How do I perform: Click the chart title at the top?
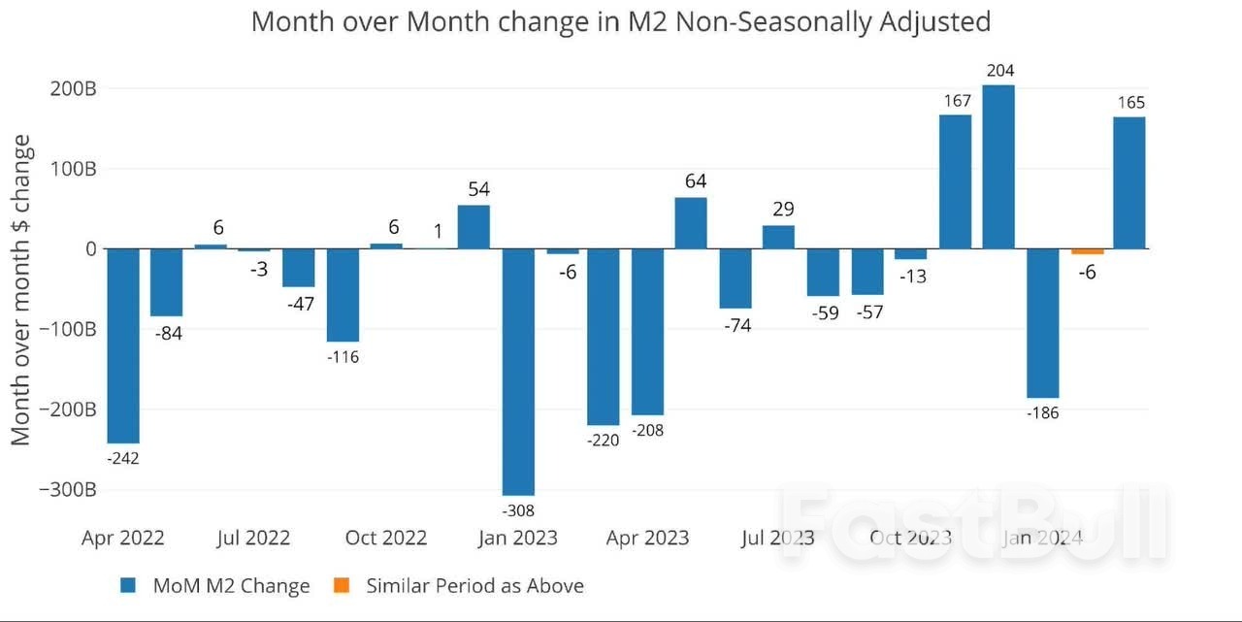tap(621, 21)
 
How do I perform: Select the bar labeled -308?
tap(518, 372)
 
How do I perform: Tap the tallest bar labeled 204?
tap(998, 167)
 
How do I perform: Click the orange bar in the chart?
tap(1087, 251)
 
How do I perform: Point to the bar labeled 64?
tap(691, 223)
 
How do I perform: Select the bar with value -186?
tap(1043, 323)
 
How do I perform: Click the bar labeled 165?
tap(1128, 182)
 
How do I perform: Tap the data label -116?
tap(343, 357)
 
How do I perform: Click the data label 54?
tap(474, 188)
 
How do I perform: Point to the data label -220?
tap(603, 441)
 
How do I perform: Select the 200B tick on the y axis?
tap(73, 88)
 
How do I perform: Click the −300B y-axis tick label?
tap(67, 489)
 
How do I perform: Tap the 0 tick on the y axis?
tap(90, 248)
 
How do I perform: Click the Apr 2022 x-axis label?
tap(123, 538)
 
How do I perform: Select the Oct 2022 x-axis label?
tap(386, 538)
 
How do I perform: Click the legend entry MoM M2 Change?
tap(231, 585)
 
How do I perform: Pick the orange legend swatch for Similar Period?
tap(341, 585)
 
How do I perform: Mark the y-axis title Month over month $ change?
tap(21, 289)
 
